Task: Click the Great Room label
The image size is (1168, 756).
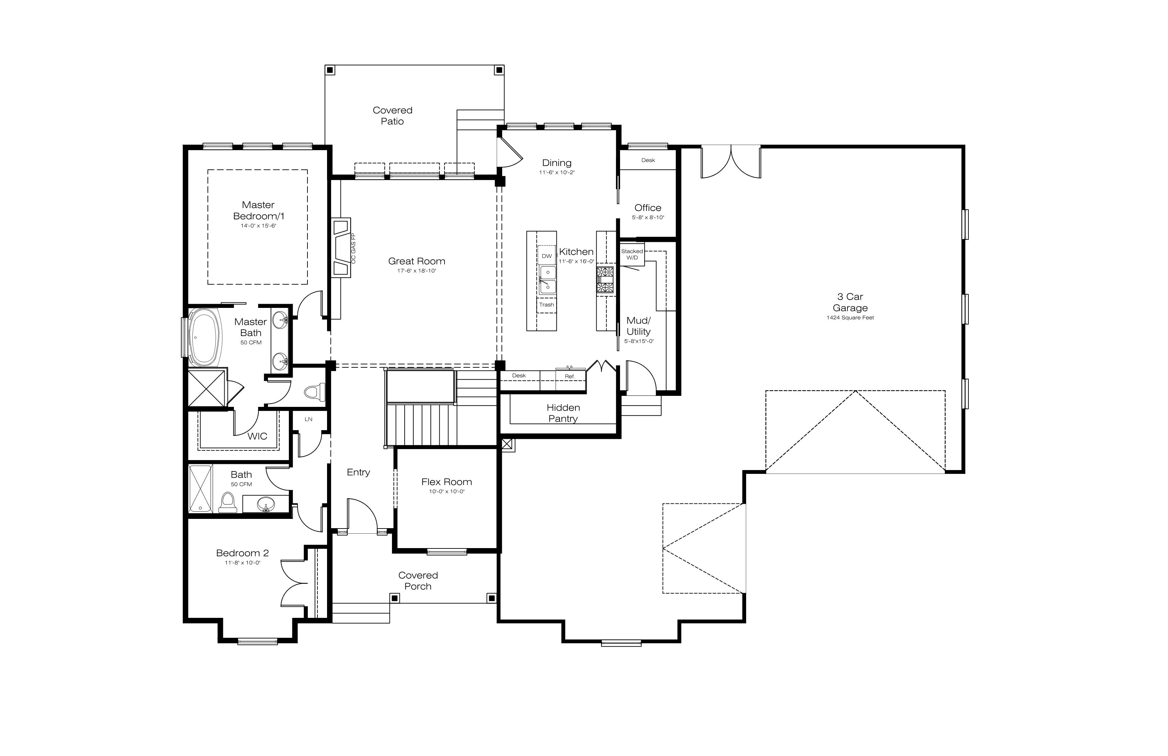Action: pyautogui.click(x=417, y=262)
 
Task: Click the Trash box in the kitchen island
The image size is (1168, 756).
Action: pyautogui.click(x=547, y=305)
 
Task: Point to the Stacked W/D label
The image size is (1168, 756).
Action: pyautogui.click(x=632, y=254)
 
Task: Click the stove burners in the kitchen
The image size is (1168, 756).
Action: pyautogui.click(x=605, y=280)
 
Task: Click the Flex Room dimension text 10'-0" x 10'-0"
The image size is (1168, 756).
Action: pyautogui.click(x=447, y=491)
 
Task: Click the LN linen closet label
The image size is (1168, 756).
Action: pyautogui.click(x=308, y=419)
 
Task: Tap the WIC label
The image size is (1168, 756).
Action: pyautogui.click(x=257, y=436)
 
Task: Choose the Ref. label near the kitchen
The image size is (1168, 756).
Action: pyautogui.click(x=570, y=377)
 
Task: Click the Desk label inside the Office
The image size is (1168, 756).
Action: pyautogui.click(x=648, y=160)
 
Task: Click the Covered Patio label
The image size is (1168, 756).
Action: pyautogui.click(x=393, y=116)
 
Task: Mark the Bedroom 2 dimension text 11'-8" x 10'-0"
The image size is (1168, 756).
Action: pyautogui.click(x=243, y=563)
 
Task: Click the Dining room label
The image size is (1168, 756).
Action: pyautogui.click(x=557, y=163)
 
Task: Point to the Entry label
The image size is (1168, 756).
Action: pyautogui.click(x=358, y=472)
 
